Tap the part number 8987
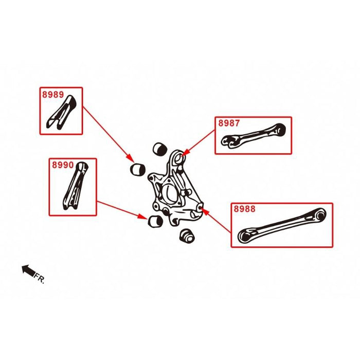click(x=229, y=123)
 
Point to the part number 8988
click(x=244, y=209)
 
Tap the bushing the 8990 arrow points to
click(x=154, y=221)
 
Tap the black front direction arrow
click(x=27, y=270)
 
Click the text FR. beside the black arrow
click(x=40, y=278)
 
